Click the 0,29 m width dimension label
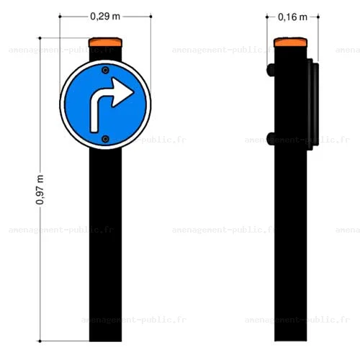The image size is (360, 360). click(105, 17)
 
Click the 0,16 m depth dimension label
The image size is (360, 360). click(292, 17)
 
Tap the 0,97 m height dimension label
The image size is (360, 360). click(40, 190)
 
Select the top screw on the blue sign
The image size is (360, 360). click(105, 71)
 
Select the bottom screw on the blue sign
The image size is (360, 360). click(105, 139)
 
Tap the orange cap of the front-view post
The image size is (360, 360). click(105, 42)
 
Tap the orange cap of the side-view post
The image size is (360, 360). click(290, 42)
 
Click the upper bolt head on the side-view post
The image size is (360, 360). click(271, 70)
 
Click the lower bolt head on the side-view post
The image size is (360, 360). click(271, 139)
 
